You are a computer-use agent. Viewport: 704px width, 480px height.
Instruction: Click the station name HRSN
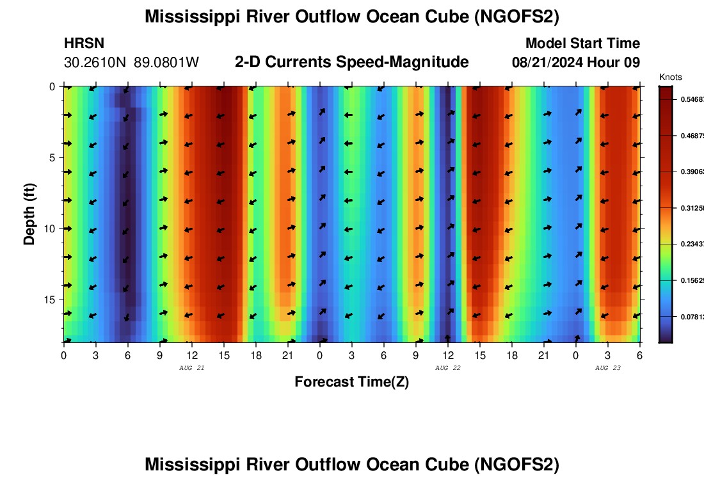point(84,44)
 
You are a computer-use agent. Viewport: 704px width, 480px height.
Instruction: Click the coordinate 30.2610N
point(96,63)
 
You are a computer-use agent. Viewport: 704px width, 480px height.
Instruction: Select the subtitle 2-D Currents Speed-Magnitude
point(352,62)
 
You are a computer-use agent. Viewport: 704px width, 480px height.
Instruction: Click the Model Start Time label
point(582,44)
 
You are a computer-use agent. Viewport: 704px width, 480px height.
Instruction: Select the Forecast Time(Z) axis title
point(351,382)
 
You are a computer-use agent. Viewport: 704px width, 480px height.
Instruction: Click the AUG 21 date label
point(192,368)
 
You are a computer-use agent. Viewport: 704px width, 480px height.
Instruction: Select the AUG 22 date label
point(448,368)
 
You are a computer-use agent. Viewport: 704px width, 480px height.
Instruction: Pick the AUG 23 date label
point(608,368)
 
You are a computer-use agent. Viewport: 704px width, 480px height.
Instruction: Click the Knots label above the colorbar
point(670,77)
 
